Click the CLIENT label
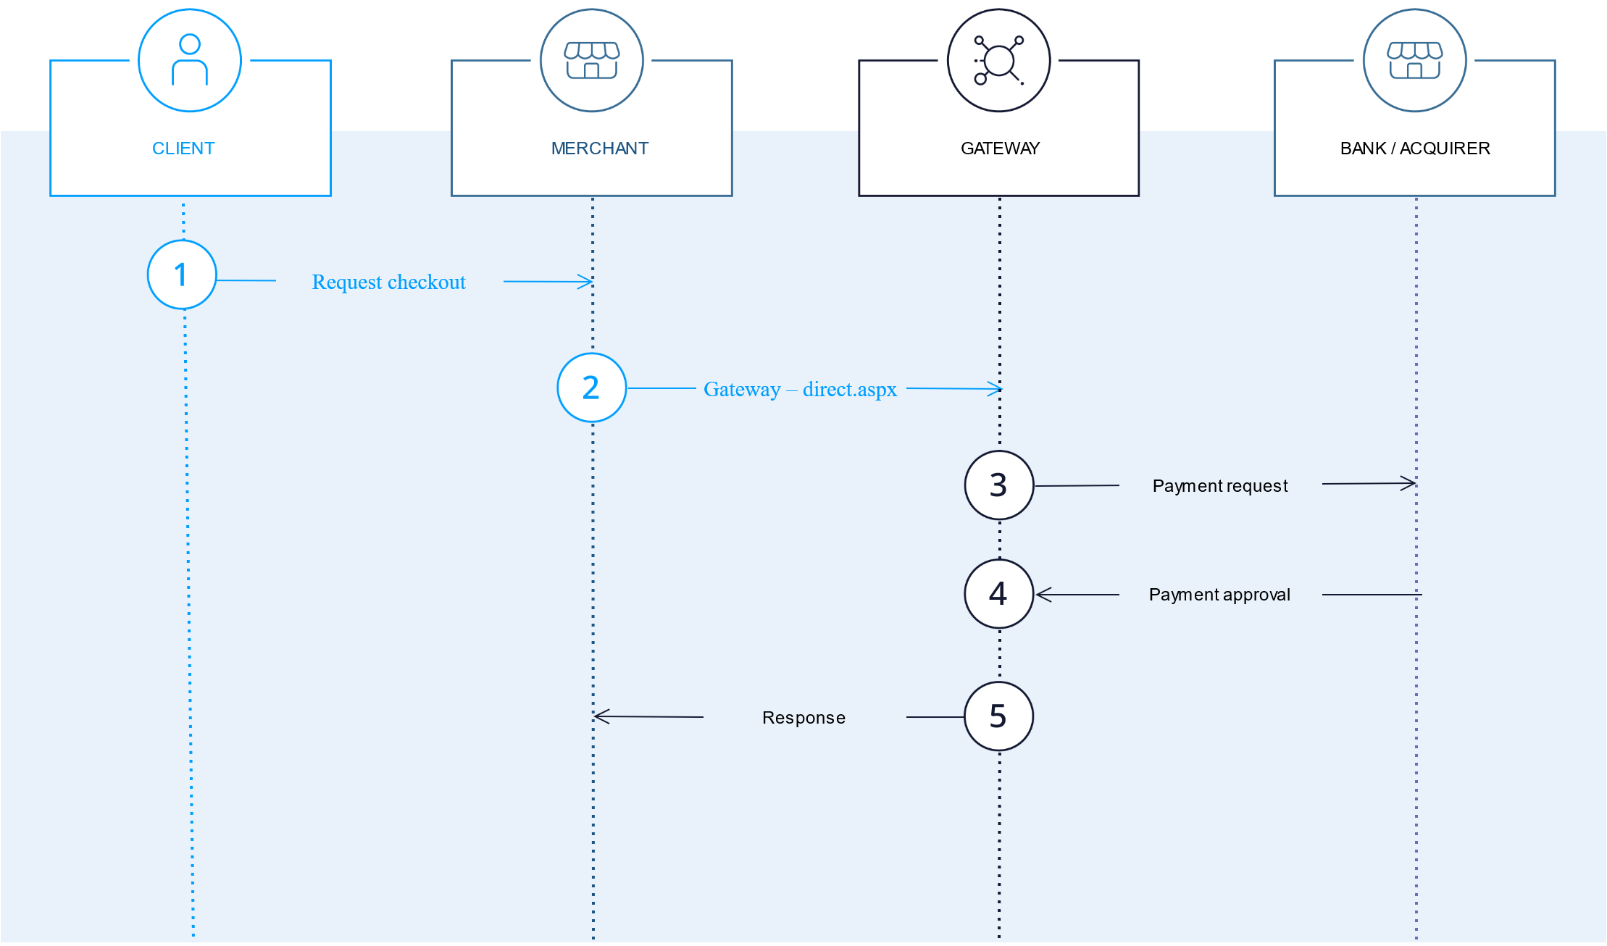pos(183,148)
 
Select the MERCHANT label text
pos(600,148)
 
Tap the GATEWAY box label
pos(1000,148)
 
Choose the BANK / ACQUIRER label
pos(1415,148)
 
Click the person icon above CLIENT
pos(190,60)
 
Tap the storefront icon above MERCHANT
pos(592,60)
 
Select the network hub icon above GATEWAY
pos(999,60)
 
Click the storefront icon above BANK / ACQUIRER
pos(1415,60)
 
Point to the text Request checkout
pos(389,282)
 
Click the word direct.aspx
pos(850,390)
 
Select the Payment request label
pos(1220,486)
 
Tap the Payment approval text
pos(1220,595)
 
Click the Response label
pos(803,718)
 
